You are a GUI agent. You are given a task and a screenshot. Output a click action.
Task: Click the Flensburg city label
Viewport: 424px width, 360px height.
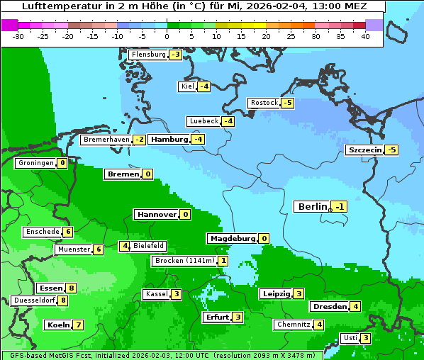[148, 55]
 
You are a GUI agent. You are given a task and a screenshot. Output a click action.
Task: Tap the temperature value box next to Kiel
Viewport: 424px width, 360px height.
[204, 86]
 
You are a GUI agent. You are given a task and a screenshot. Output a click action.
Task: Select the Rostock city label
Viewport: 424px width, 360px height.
[264, 103]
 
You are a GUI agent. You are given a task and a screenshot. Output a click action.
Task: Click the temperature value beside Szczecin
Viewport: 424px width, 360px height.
[391, 150]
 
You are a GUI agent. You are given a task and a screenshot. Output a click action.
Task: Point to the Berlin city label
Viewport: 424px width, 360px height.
[313, 206]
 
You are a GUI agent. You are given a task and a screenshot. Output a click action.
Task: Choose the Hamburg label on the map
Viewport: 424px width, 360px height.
[169, 140]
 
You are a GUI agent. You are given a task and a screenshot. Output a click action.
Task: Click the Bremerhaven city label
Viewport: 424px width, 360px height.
[106, 140]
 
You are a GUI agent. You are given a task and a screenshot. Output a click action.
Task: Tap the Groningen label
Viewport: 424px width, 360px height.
[35, 163]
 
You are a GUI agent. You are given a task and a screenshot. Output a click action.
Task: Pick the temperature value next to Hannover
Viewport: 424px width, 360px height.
[186, 214]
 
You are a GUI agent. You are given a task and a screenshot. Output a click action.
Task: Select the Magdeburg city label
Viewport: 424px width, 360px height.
[232, 238]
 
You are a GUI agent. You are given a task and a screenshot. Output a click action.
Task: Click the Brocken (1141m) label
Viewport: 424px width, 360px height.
[184, 261]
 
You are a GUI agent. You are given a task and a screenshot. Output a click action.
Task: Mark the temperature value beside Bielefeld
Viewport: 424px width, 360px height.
[125, 246]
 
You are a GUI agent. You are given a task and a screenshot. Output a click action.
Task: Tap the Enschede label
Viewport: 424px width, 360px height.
[42, 232]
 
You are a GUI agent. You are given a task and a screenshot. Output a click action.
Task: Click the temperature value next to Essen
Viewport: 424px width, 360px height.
[71, 288]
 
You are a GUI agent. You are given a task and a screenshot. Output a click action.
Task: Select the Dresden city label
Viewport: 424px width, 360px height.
[329, 306]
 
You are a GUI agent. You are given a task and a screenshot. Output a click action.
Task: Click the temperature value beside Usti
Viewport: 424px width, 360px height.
[365, 337]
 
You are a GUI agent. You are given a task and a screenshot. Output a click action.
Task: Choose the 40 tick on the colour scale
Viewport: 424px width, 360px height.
[365, 36]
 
